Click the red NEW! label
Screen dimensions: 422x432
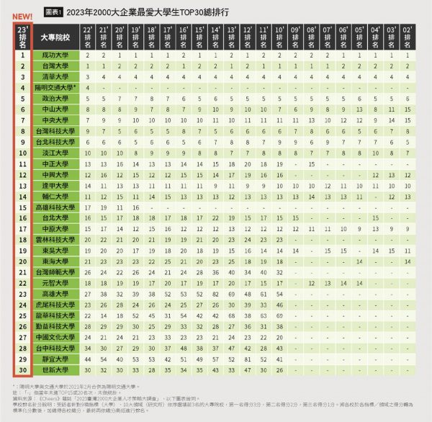point(22,17)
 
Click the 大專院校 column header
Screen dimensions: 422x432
point(56,36)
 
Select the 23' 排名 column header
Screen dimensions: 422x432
point(22,36)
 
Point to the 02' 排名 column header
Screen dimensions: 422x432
point(408,36)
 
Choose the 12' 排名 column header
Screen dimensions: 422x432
point(247,36)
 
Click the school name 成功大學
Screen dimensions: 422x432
point(56,55)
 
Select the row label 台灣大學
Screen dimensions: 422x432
point(56,66)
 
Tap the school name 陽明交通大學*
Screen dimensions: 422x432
point(57,87)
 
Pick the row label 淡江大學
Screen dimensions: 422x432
point(56,153)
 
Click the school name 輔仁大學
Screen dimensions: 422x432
point(56,196)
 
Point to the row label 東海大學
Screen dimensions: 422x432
point(56,261)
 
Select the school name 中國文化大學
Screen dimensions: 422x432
point(56,336)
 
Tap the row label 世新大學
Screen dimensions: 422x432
point(56,369)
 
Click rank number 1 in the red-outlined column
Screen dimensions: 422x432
point(22,55)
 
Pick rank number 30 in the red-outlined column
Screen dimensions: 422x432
point(22,369)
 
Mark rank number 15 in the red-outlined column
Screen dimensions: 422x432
point(22,207)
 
